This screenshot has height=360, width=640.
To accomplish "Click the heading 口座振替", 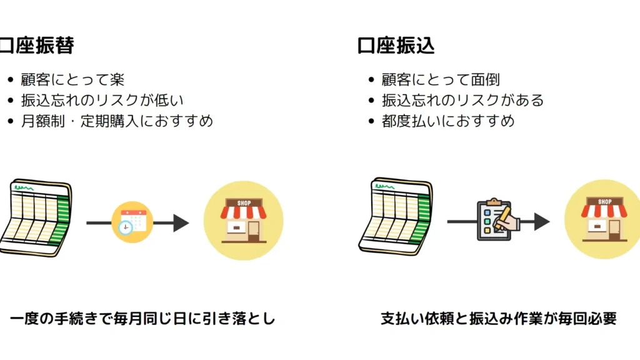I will tap(37, 46).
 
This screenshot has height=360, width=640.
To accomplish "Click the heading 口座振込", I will tap(396, 46).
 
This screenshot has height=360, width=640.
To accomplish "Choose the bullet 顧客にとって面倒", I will tap(441, 80).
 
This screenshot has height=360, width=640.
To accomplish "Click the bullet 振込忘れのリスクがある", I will tap(462, 100).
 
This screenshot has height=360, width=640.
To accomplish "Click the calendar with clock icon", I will tap(132, 222).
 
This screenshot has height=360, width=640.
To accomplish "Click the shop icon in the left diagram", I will tap(244, 221).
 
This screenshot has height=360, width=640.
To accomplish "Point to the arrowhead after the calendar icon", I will tap(181, 222).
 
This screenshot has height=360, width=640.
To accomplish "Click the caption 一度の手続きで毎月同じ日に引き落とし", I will tap(142, 319).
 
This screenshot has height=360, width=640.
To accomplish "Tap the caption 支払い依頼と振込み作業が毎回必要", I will tap(499, 319).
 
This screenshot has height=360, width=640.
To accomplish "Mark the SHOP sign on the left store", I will tap(244, 203).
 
